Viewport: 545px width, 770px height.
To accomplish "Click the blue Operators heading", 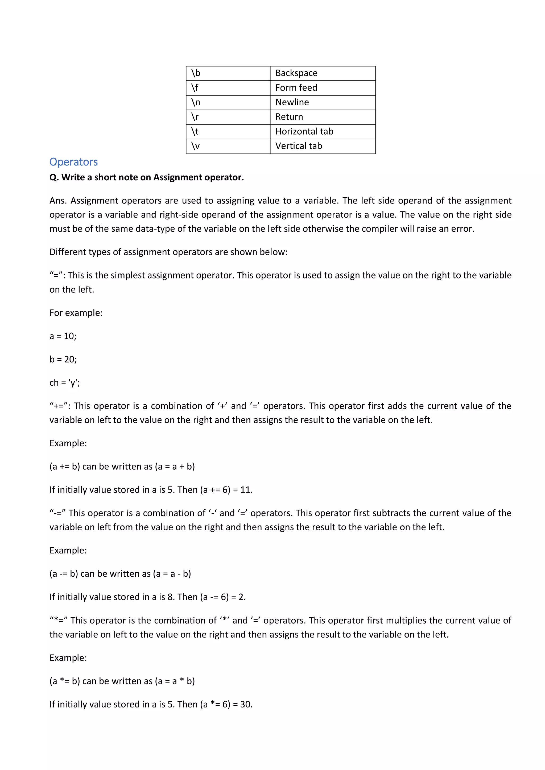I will [73, 162].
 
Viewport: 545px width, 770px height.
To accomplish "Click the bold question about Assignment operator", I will [146, 177].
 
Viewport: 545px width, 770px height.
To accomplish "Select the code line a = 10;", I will [63, 336].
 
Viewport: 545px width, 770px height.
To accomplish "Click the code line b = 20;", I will [63, 360].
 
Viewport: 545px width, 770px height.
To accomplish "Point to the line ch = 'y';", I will [64, 383].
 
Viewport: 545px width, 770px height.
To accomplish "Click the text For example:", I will [76, 313].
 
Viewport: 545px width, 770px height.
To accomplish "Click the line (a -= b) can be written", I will [120, 574].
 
